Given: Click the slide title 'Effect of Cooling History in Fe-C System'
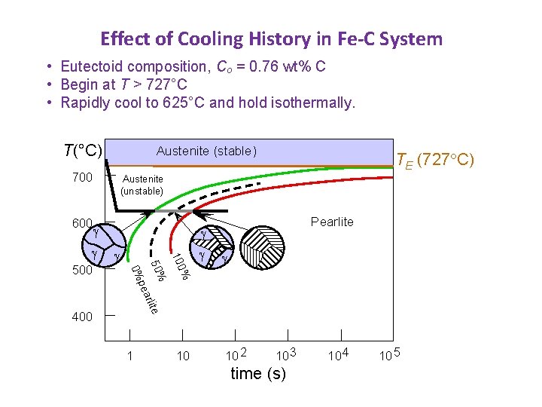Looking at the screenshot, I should click(271, 38).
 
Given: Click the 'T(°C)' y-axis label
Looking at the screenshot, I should click(82, 151).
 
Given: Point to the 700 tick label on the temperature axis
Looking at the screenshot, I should click(82, 178).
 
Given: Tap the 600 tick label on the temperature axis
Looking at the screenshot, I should click(82, 223).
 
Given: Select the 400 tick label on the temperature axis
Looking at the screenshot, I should click(82, 317).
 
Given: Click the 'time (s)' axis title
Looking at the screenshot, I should click(257, 374).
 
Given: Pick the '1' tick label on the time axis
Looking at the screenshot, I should click(130, 355).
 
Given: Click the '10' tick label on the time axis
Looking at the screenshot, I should click(182, 355).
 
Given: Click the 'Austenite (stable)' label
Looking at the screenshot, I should click(206, 151).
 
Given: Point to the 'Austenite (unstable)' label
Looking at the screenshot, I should click(142, 185).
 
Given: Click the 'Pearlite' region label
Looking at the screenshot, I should click(332, 222).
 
